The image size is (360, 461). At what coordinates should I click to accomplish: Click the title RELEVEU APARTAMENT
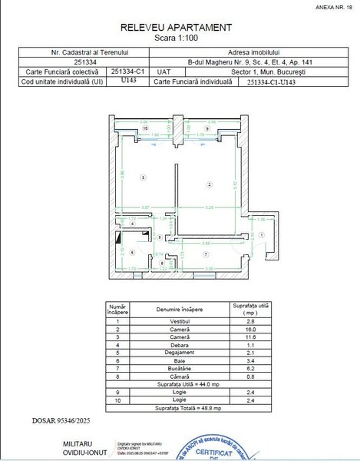176,27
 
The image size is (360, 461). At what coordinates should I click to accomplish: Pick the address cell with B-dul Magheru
243,62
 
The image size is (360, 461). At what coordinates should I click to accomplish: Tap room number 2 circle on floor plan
206,184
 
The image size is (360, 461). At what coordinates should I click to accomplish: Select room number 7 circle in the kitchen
206,253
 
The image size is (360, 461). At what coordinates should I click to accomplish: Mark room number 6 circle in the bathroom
131,252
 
